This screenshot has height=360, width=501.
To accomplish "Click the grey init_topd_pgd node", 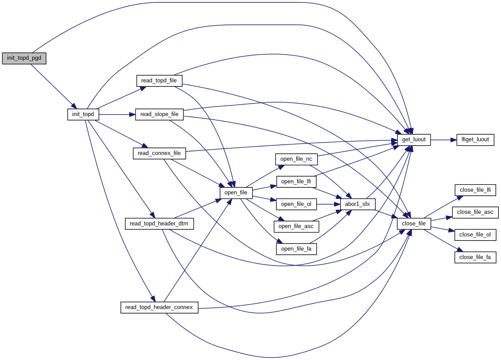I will pyautogui.click(x=24, y=58).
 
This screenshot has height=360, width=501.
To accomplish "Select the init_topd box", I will pyautogui.click(x=83, y=114).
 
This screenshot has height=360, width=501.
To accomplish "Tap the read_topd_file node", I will pyautogui.click(x=159, y=81).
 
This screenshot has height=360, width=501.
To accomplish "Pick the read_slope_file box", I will pyautogui.click(x=159, y=114).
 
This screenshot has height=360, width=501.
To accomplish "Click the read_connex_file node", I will pyautogui.click(x=159, y=153).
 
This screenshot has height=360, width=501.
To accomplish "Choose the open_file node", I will pyautogui.click(x=236, y=193).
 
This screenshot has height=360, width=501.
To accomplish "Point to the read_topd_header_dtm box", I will pyautogui.click(x=159, y=224).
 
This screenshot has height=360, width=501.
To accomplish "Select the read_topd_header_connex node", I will pyautogui.click(x=159, y=307).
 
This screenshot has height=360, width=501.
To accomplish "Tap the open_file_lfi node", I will pyautogui.click(x=296, y=182).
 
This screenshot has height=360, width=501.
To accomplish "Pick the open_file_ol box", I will pyautogui.click(x=296, y=204).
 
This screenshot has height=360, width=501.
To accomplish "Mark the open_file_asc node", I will pyautogui.click(x=296, y=226).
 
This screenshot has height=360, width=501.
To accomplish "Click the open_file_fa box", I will pyautogui.click(x=296, y=249).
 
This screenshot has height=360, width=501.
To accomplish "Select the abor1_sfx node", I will pyautogui.click(x=357, y=204).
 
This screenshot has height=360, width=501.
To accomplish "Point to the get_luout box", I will pyautogui.click(x=414, y=139).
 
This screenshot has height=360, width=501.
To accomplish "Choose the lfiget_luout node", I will pyautogui.click(x=475, y=139).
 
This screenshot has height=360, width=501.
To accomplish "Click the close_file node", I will pyautogui.click(x=414, y=224).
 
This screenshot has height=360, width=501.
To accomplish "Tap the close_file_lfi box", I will pyautogui.click(x=475, y=190).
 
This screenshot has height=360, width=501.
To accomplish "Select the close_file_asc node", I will pyautogui.click(x=475, y=212).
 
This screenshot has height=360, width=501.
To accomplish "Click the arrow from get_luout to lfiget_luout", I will pyautogui.click(x=443, y=139).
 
